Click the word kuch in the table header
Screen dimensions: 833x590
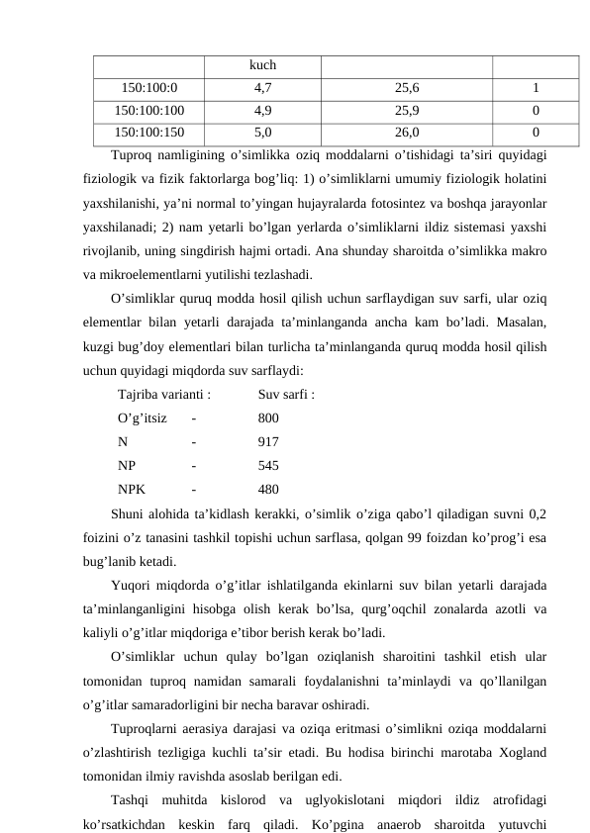(262, 66)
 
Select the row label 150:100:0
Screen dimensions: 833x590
(148, 87)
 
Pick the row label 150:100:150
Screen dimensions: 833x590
(148, 129)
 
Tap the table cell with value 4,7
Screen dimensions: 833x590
(262, 87)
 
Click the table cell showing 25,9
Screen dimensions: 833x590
(406, 108)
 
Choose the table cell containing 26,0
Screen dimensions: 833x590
(406, 129)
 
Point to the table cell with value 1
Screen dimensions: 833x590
(535, 87)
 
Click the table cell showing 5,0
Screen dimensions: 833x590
(262, 129)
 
